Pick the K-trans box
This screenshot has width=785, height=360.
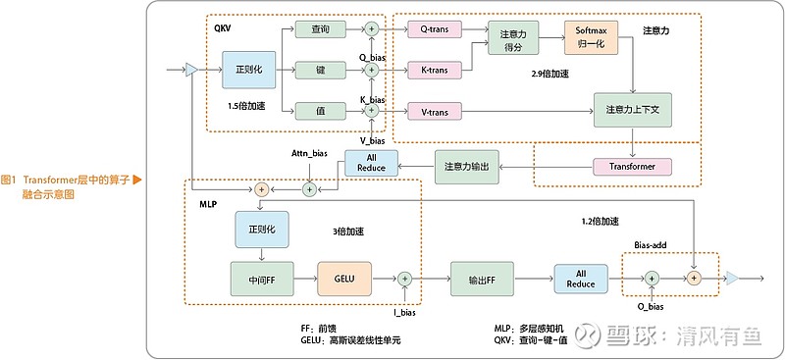[x=434, y=71]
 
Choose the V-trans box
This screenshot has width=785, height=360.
[x=434, y=112]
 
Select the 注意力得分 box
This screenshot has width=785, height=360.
[x=508, y=40]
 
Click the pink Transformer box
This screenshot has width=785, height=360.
[x=632, y=166]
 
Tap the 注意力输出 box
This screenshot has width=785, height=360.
[x=466, y=166]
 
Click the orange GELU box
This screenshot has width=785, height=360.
[x=343, y=280]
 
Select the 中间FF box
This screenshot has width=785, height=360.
[x=261, y=280]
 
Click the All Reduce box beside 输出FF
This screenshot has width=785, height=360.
[x=581, y=279]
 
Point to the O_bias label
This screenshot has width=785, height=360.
[x=651, y=307]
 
